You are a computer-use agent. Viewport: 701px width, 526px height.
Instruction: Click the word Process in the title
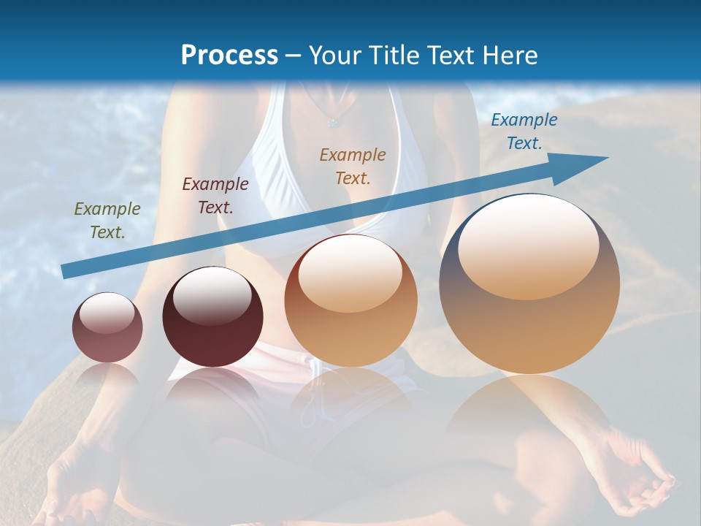click(229, 56)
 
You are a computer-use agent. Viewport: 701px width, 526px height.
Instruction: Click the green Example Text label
click(107, 221)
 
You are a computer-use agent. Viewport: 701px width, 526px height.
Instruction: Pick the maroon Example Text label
click(215, 196)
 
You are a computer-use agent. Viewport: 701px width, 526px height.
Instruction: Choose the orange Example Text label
click(353, 166)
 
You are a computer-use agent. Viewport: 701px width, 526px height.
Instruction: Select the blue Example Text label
click(524, 131)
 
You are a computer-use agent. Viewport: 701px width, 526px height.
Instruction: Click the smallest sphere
click(107, 328)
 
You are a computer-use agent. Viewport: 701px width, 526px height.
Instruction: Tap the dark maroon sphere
click(212, 318)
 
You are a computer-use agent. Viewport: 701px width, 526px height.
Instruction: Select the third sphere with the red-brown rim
click(350, 301)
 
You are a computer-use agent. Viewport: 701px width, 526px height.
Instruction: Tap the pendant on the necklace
click(334, 121)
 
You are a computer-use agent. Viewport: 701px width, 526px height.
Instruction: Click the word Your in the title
click(337, 56)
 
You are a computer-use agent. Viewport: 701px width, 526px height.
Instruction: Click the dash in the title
click(294, 56)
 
